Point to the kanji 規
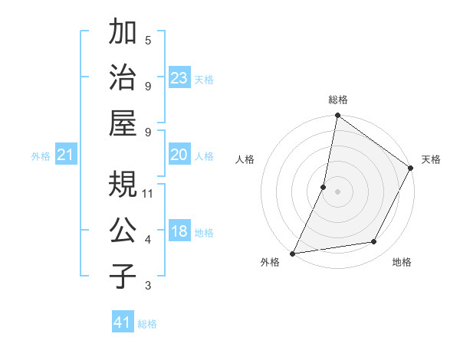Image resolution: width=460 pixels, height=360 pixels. [x=124, y=185]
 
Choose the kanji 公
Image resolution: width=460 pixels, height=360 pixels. [x=124, y=231]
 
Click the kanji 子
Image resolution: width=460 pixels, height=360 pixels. [x=124, y=277]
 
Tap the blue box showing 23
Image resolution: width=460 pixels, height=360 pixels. [x=179, y=78]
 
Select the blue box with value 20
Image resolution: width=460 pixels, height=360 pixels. [x=179, y=155]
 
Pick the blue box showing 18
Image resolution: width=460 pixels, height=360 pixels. [x=179, y=232]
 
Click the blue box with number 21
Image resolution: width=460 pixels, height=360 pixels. [x=66, y=155]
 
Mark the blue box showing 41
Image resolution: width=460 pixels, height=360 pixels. [x=123, y=322]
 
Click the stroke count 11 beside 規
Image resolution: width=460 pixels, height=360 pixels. [x=148, y=193]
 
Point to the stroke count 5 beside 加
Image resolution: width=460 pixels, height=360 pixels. [x=148, y=39]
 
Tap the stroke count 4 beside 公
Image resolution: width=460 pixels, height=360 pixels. [x=148, y=240]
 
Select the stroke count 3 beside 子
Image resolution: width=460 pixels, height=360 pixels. [x=148, y=286]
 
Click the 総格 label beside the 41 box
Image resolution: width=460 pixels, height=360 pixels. [x=147, y=324]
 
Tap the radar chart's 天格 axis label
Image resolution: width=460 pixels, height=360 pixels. [x=431, y=159]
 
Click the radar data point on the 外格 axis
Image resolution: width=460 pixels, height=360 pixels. [x=292, y=253]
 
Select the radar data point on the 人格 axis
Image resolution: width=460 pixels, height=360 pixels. [x=324, y=186]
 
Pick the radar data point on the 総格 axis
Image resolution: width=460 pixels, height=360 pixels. [x=337, y=116]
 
